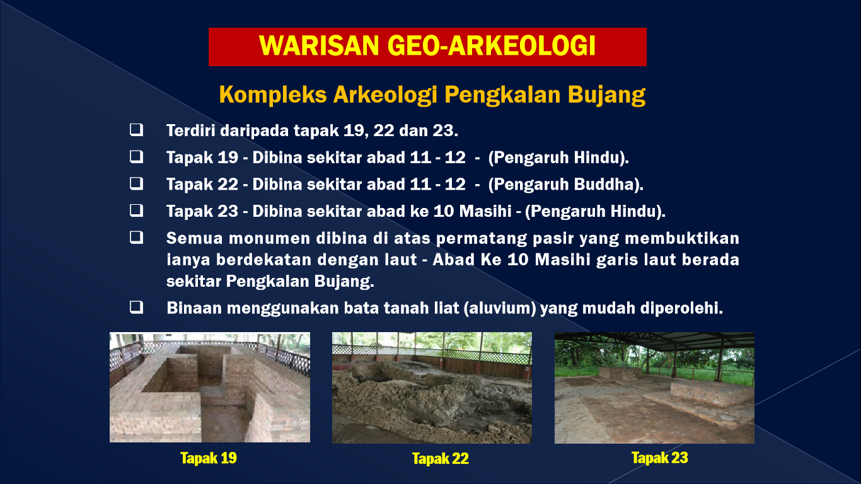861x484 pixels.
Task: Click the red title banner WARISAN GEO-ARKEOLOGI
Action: coord(427,47)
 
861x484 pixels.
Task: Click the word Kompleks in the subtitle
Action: coord(273,95)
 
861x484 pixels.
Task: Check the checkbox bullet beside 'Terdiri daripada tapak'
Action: coord(136,130)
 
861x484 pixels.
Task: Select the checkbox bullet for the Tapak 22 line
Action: coord(136,184)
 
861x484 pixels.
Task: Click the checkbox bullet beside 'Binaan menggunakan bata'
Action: coord(136,307)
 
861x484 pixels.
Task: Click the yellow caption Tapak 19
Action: coord(209,458)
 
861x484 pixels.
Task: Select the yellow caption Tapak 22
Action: coord(440,458)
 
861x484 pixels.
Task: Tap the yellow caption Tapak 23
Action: coord(659,458)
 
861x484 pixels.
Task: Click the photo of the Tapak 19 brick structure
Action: coord(210,387)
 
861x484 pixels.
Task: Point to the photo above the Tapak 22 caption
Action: coord(432,388)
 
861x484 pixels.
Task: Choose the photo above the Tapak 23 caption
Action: coord(654,388)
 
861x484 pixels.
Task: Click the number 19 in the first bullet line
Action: coord(354,130)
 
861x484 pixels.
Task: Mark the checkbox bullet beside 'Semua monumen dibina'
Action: coord(136,238)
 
